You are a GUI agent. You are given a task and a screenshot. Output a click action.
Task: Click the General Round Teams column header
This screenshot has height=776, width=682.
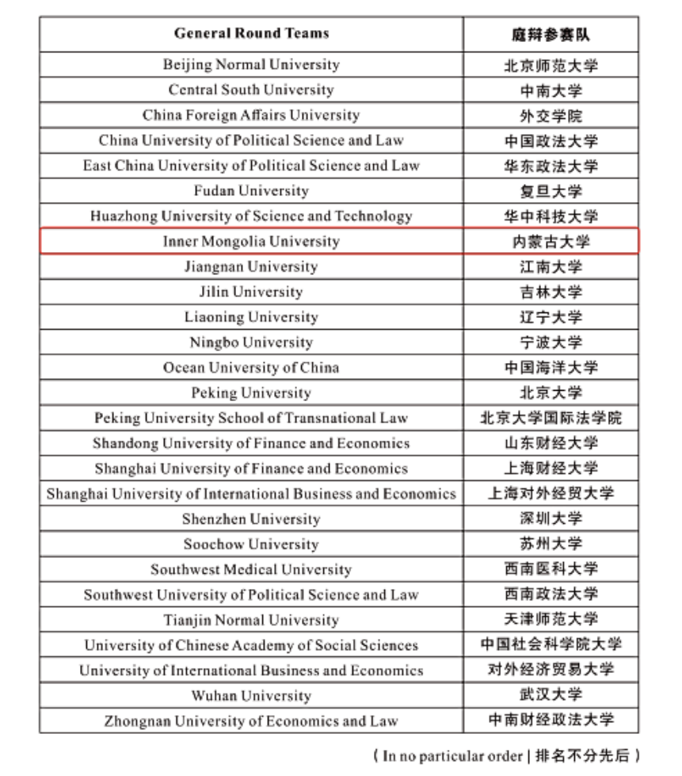251,33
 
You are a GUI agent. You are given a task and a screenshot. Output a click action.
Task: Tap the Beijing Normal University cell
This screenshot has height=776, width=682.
251,65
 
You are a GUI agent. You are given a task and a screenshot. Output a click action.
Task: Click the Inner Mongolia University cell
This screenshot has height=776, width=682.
251,242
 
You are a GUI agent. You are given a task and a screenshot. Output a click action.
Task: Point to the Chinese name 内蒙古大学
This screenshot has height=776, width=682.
551,242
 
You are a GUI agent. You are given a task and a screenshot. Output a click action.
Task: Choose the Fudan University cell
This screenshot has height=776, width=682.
251,191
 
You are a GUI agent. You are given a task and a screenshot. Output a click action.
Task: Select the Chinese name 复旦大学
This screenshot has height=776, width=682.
551,191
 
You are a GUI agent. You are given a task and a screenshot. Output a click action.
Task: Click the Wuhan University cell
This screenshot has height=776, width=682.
251,696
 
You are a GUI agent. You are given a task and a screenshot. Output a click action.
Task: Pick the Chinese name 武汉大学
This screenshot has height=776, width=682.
551,695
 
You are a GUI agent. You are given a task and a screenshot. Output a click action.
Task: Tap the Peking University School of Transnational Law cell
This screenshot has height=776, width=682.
251,418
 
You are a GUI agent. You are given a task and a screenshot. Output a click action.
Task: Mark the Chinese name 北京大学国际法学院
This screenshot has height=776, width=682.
551,418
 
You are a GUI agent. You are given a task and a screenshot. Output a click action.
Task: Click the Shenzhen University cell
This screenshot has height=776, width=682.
251,519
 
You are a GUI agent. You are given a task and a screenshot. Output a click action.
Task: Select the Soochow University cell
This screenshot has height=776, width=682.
251,545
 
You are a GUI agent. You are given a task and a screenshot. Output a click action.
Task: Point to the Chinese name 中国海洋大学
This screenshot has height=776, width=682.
551,368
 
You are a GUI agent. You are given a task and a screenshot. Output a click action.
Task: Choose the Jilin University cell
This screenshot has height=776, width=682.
251,292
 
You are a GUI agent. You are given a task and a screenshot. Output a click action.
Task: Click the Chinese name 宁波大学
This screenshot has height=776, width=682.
551,342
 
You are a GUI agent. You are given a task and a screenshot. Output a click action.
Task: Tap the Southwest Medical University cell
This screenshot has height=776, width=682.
251,570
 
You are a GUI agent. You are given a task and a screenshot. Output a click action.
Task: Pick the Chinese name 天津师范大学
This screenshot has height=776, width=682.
551,620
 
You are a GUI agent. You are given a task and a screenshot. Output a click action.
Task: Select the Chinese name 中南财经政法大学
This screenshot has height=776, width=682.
551,721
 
